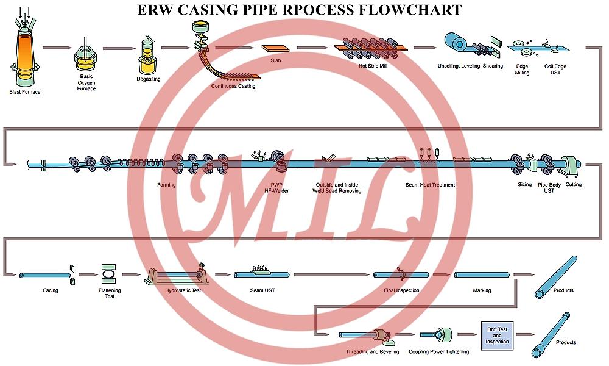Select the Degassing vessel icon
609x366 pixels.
click(x=147, y=56)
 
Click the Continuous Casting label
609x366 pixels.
click(x=233, y=86)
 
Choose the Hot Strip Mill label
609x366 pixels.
click(x=373, y=66)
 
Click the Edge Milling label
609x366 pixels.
click(x=522, y=70)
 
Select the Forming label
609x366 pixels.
click(x=166, y=185)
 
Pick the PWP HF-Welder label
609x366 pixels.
click(x=276, y=188)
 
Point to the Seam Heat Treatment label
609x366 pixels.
click(x=430, y=185)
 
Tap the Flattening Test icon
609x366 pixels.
click(x=110, y=274)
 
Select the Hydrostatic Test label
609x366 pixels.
click(x=183, y=290)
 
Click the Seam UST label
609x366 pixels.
click(x=262, y=290)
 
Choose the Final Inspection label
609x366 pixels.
click(x=401, y=290)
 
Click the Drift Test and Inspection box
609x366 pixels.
click(x=497, y=335)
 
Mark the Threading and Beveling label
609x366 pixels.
click(x=373, y=352)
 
